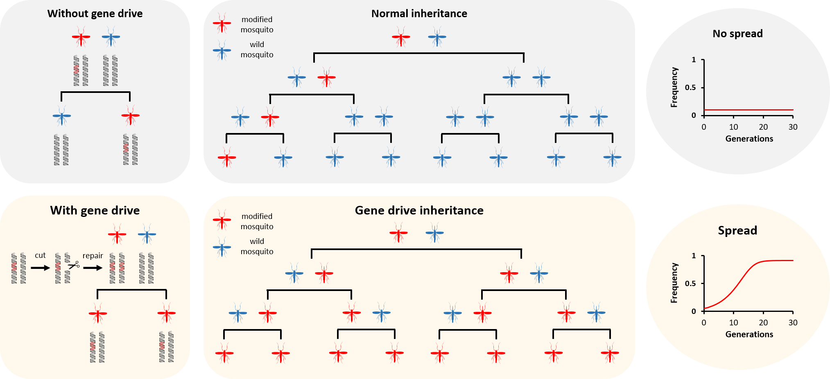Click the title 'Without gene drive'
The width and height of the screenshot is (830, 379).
95,14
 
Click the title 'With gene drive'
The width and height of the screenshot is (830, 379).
95,210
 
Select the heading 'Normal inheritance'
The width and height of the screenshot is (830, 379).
419,14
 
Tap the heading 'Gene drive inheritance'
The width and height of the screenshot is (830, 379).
419,210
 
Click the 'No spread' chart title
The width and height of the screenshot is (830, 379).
737,34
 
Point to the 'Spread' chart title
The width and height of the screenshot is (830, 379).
737,230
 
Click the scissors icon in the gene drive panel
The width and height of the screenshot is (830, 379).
74,265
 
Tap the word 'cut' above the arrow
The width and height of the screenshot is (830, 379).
40,255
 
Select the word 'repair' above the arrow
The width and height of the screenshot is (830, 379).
93,256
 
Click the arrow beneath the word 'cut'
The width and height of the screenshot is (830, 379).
40,268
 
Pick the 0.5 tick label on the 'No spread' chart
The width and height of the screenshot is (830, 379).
690,88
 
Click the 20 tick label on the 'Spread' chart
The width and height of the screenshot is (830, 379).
763,323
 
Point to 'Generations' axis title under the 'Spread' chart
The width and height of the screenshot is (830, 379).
749,334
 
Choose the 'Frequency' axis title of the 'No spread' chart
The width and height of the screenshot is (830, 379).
674,88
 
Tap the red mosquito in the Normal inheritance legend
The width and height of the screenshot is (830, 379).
222,24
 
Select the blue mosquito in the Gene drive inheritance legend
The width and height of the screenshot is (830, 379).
222,247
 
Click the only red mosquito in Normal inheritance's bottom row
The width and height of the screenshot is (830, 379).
227,158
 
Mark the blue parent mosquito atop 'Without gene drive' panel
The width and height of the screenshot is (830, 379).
111,37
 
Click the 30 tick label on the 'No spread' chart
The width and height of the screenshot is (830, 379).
793,127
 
